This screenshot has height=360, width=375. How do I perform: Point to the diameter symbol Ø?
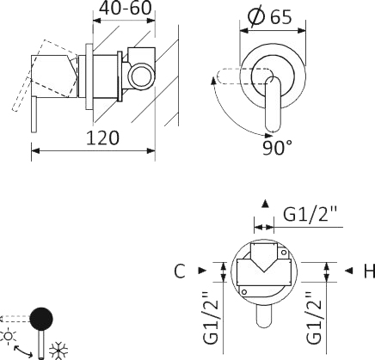click(255, 17)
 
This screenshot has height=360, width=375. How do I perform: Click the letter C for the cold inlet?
click(179, 271)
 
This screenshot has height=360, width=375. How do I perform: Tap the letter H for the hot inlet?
click(368, 272)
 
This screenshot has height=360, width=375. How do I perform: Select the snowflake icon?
click(58, 350)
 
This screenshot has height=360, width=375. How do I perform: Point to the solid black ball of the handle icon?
click(40, 319)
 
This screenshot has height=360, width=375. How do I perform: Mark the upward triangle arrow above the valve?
click(265, 204)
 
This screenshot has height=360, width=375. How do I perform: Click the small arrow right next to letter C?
click(201, 271)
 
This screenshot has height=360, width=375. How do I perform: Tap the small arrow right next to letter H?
click(348, 272)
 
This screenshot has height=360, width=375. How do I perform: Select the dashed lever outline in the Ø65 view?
click(237, 78)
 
